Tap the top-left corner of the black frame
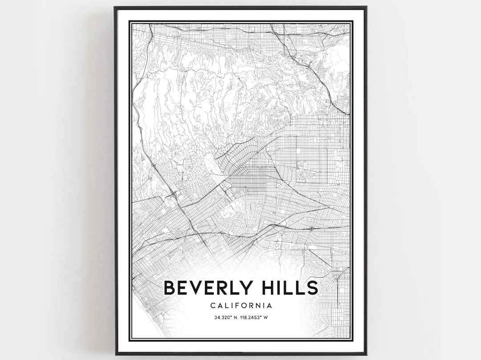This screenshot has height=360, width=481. [115, 7]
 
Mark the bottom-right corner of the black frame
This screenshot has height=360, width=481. [366, 354]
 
